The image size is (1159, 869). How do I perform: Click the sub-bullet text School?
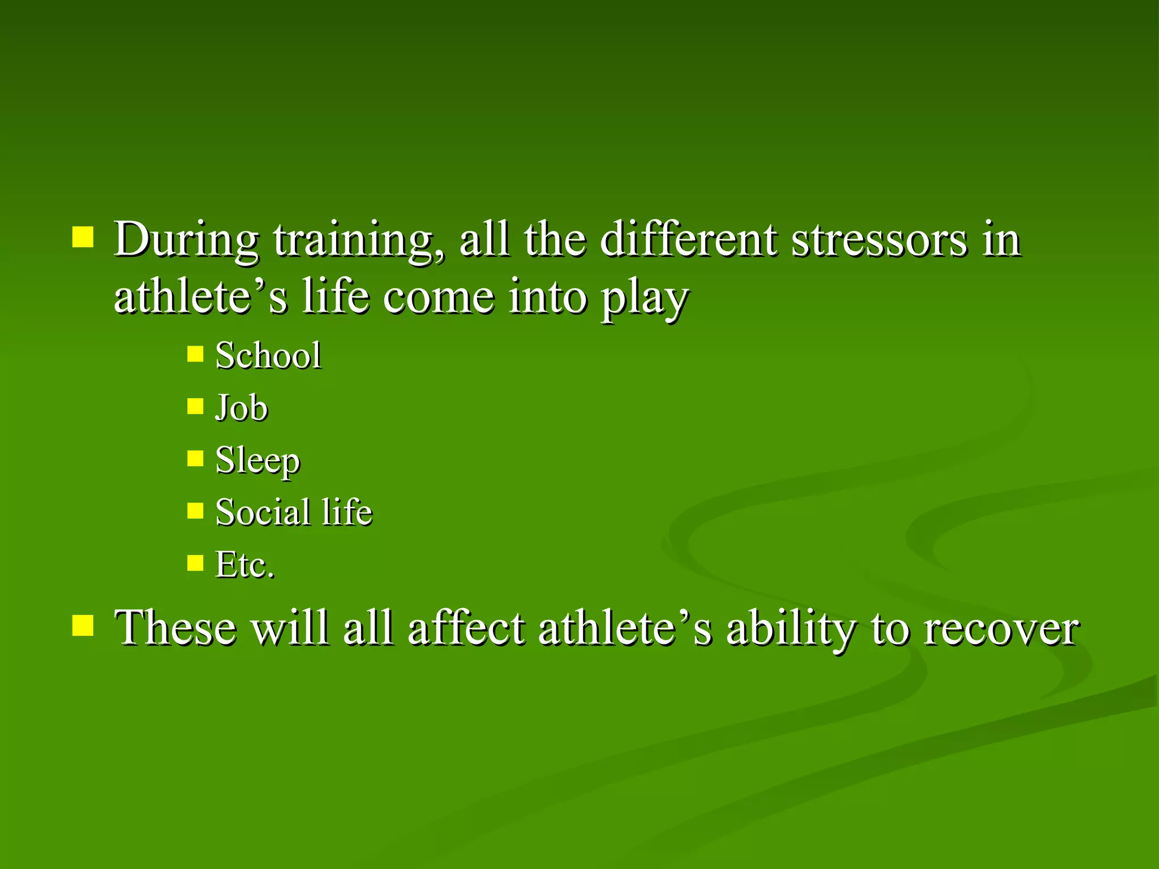pyautogui.click(x=268, y=356)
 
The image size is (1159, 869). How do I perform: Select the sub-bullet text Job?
pyautogui.click(x=242, y=407)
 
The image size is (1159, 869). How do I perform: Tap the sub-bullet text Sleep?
pyautogui.click(x=257, y=461)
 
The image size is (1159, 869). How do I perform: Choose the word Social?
pyautogui.click(x=263, y=512)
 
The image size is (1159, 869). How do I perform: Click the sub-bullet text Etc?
pyautogui.click(x=245, y=565)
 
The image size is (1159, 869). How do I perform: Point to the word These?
pyautogui.click(x=175, y=627)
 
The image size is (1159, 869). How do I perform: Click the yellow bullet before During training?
pyautogui.click(x=83, y=238)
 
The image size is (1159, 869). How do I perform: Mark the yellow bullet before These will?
pyautogui.click(x=83, y=626)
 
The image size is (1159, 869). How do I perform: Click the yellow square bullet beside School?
pyautogui.click(x=195, y=354)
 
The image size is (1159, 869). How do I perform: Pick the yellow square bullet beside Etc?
pyautogui.click(x=195, y=563)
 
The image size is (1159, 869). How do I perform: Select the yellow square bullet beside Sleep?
pyautogui.click(x=195, y=458)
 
